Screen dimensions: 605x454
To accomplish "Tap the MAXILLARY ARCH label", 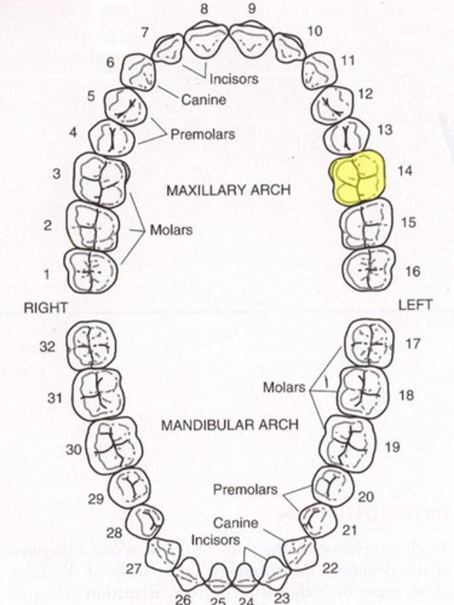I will tap(229, 191).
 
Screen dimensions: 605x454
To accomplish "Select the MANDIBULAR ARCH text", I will tap(230, 425).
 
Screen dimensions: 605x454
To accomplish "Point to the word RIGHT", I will tap(46, 308).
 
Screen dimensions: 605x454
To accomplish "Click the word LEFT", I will tap(415, 305).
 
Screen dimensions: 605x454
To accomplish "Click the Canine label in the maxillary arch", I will tap(203, 100).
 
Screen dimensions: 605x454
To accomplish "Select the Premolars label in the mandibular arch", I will tap(245, 490).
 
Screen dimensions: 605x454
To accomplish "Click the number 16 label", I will tap(412, 271).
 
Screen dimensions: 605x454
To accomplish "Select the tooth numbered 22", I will tap(300, 554).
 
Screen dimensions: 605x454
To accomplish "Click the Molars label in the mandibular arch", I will tap(284, 387).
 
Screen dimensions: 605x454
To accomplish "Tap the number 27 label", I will tap(133, 569).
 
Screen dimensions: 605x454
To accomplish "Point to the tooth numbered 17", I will tap(369, 343).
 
